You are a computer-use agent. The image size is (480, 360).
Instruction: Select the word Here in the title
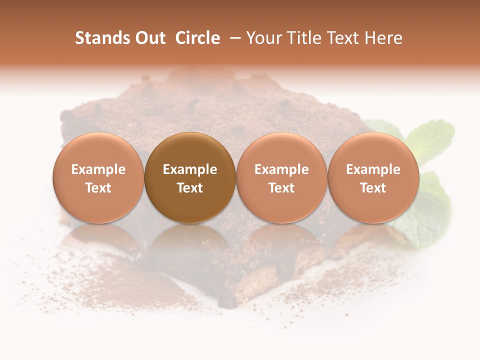pyautogui.click(x=384, y=38)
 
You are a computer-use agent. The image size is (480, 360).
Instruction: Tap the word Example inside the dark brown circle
pyautogui.click(x=190, y=169)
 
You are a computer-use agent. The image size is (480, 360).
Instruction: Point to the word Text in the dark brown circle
pyautogui.click(x=190, y=188)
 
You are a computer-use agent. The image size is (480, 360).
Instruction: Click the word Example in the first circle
pyautogui.click(x=98, y=169)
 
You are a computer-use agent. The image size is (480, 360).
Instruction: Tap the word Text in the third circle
pyautogui.click(x=281, y=188)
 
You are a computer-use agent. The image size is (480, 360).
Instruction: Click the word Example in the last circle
pyautogui.click(x=373, y=169)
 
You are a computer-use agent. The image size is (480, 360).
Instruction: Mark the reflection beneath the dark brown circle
pyautogui.click(x=190, y=245)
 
